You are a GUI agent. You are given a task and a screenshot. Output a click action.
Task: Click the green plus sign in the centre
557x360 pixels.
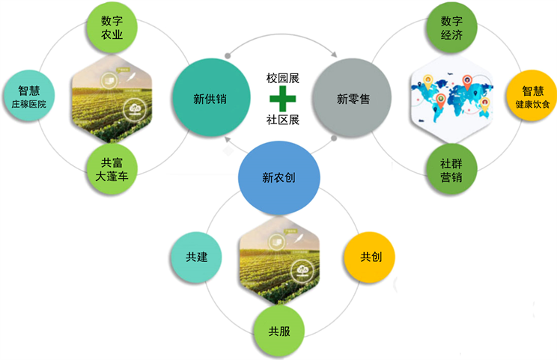tap(283, 98)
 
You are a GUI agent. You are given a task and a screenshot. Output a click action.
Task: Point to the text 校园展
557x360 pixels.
tap(283, 78)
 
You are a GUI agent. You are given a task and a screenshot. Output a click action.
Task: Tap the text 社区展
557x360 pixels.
tap(283, 120)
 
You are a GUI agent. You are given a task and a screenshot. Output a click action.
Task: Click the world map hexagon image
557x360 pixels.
tap(451, 98)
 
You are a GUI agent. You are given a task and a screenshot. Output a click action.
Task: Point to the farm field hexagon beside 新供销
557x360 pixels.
tap(109, 98)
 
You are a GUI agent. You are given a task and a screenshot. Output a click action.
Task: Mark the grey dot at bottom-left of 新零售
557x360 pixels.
tap(334, 138)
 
